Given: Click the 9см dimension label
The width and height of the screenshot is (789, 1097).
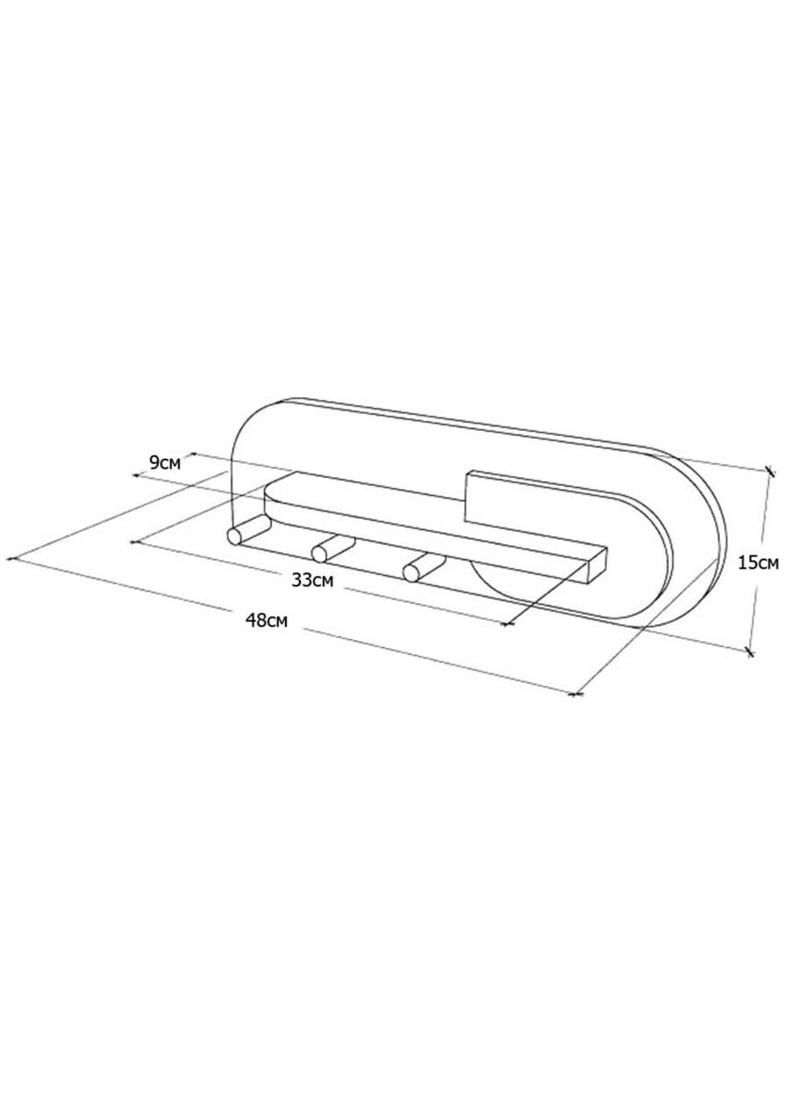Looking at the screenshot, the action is click(x=164, y=462).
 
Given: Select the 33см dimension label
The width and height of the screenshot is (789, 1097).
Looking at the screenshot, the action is click(x=312, y=580).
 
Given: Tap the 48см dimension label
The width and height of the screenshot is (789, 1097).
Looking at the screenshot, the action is click(x=267, y=621).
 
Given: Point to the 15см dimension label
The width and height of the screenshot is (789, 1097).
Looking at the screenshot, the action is click(x=758, y=563).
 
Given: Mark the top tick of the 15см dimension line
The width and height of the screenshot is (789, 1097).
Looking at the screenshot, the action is click(x=770, y=471).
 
